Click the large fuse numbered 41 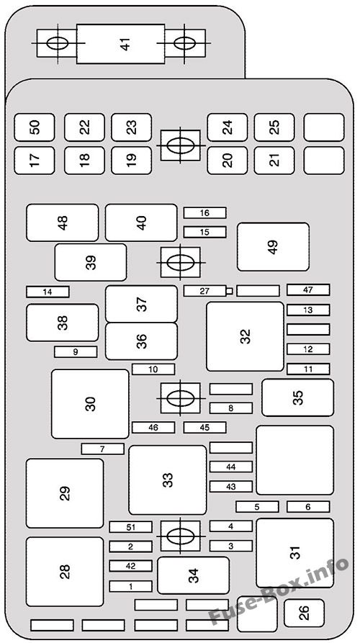120,43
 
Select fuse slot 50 35,127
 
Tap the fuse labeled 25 274,127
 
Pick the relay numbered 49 273,246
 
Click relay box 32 245,336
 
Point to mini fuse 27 204,291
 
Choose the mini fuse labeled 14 48,292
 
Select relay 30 90,404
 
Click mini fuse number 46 153,427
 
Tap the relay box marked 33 167,480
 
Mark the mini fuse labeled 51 131,527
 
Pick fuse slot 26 304,613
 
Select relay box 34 193,575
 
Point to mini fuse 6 308,506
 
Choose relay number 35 297,397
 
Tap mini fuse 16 204,212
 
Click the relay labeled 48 63,222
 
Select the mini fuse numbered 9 76,351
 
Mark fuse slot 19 131,161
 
